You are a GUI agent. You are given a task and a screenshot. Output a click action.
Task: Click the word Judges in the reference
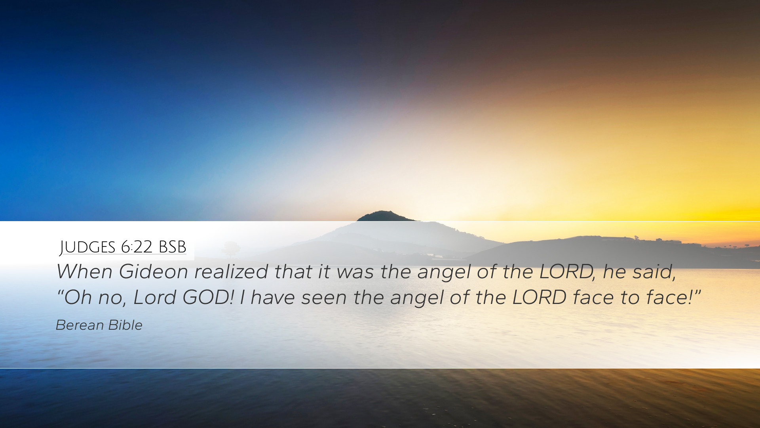87,247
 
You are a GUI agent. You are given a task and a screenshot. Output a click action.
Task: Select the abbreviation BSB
172,247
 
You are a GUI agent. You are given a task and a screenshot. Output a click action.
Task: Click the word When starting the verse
85,271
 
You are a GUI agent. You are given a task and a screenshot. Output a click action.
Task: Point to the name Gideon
153,271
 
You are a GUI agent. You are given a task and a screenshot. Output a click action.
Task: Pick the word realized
231,271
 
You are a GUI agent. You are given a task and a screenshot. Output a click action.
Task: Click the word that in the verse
293,271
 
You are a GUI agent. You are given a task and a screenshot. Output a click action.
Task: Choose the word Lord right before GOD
154,297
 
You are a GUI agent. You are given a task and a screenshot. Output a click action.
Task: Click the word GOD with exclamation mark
208,297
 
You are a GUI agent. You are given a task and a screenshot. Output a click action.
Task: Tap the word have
273,298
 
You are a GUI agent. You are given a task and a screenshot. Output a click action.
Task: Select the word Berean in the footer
79,325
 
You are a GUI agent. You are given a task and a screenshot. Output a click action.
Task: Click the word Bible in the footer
125,325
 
